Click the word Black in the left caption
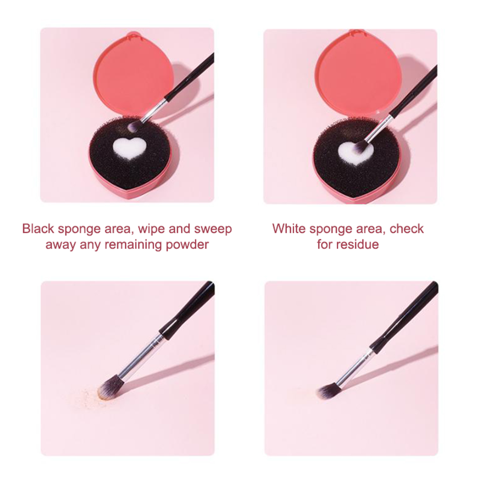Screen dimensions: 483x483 click(38, 229)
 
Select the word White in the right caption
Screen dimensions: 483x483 click(289, 229)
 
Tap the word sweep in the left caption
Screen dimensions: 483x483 click(213, 229)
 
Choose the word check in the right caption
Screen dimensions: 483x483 click(407, 229)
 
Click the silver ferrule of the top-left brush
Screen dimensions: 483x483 click(154, 110)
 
